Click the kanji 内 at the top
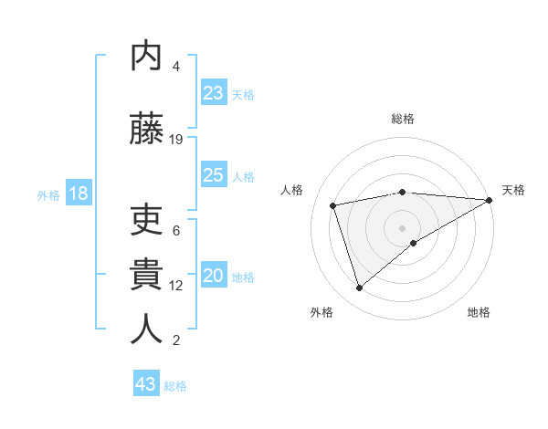[x=146, y=57]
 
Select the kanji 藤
[x=146, y=127]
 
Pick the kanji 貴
[x=146, y=273]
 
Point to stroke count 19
[x=176, y=140]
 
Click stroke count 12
[x=176, y=286]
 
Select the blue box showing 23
[x=214, y=93]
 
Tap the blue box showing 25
[x=214, y=175]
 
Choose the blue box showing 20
[x=214, y=276]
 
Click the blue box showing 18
[x=78, y=194]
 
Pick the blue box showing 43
[x=146, y=384]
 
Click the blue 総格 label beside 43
[x=175, y=386]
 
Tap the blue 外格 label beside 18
[x=48, y=194]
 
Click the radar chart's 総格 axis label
[x=403, y=119]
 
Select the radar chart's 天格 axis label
[x=513, y=190]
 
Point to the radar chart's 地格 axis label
[x=479, y=312]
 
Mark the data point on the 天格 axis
[x=490, y=199]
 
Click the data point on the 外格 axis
[x=359, y=288]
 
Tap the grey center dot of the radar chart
[x=403, y=227]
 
